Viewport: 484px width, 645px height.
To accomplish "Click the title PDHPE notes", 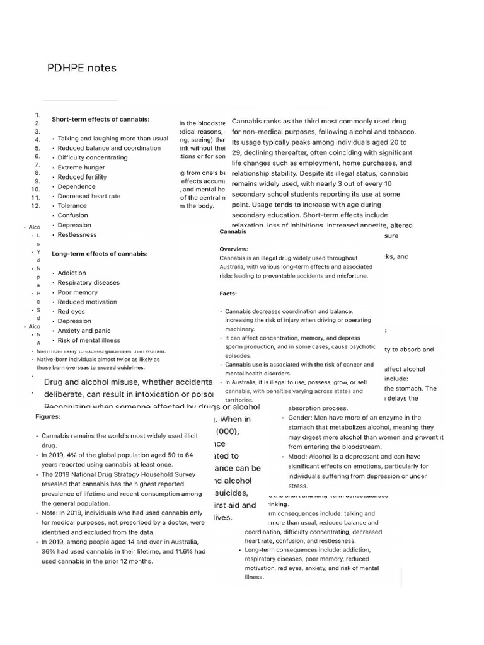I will pos(82,67).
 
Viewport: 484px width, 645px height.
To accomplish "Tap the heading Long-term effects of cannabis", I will pos(100,254).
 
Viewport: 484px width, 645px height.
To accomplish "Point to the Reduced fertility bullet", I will pos(83,177).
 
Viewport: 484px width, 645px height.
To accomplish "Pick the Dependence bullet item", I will pos(77,186).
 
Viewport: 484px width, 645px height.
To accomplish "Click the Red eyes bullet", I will pos(72,311).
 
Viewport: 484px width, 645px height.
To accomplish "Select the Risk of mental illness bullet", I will pos(88,340).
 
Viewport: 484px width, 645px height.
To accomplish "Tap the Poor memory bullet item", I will pos(78,292).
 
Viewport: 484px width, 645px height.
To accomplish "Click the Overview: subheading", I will pos(234,249).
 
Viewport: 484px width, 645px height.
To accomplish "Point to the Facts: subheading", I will pos(228,294).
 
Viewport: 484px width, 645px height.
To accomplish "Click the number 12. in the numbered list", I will pos(36,205).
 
